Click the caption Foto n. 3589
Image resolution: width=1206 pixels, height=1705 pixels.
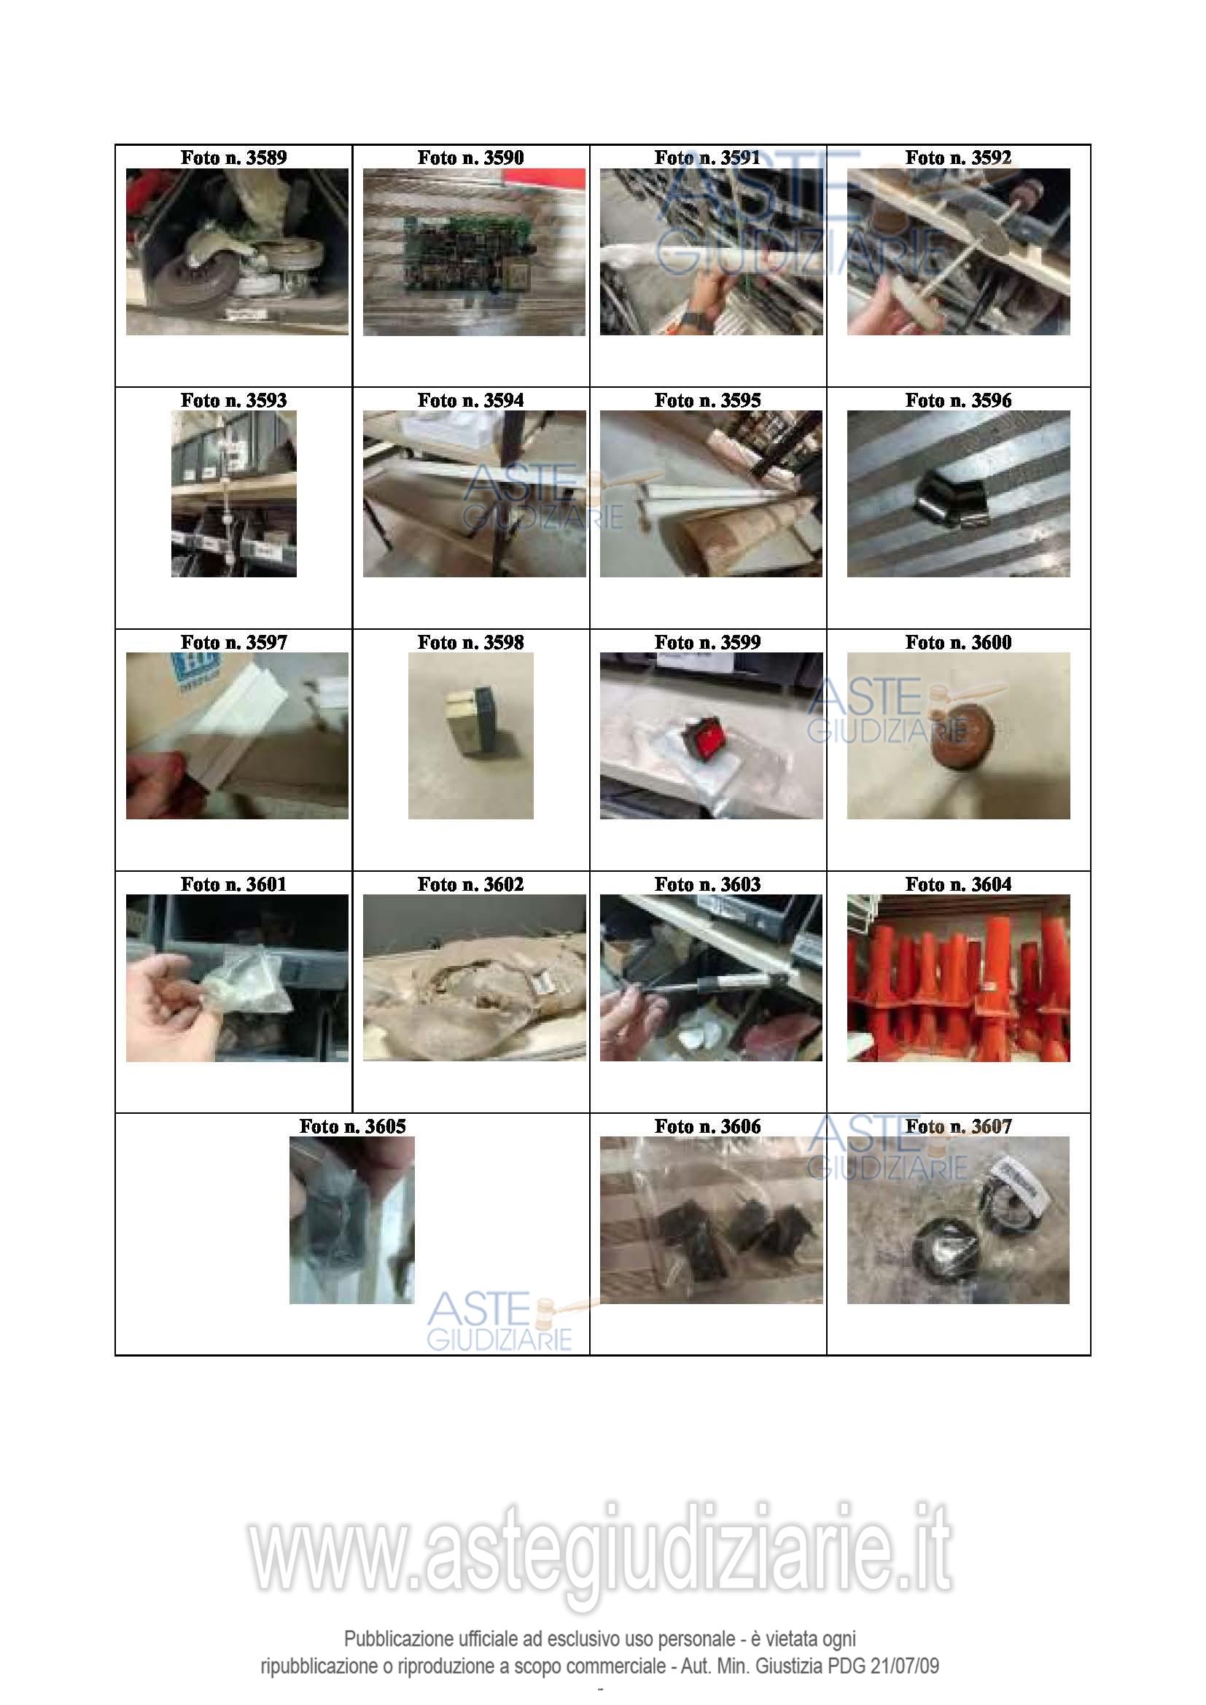233,157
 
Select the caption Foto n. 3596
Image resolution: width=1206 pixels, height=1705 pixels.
958,400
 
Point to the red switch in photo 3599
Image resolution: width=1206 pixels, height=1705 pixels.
709,736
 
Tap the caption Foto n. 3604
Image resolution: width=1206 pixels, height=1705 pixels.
958,883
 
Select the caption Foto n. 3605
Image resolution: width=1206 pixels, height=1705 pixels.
352,1125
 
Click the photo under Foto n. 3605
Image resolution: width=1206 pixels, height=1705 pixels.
352,1220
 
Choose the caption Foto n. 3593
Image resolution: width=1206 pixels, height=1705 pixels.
233,400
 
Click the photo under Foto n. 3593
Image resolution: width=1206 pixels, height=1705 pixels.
234,493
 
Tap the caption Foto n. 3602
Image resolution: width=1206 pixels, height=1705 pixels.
470,883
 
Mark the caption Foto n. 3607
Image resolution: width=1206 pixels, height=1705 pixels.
958,1125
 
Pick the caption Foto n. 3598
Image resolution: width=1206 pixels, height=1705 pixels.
470,642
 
